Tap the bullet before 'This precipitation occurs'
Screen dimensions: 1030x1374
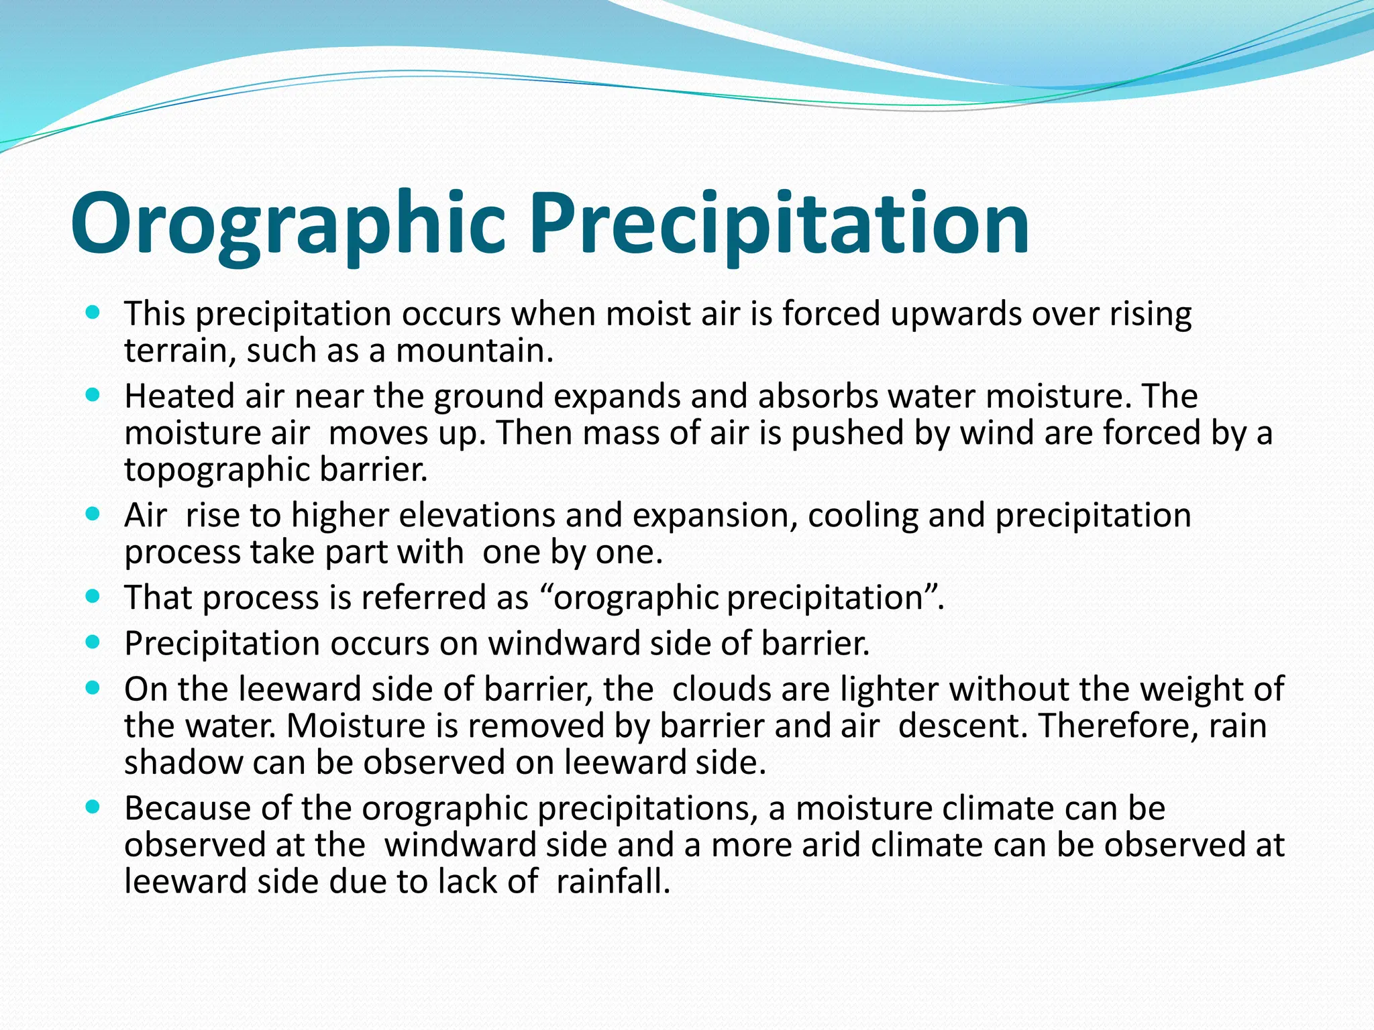93,312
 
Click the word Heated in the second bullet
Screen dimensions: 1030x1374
179,396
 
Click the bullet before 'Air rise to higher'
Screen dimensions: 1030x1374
93,514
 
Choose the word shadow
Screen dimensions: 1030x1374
183,762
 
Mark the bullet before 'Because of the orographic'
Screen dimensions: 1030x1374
93,807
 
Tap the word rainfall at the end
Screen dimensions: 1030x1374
613,881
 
